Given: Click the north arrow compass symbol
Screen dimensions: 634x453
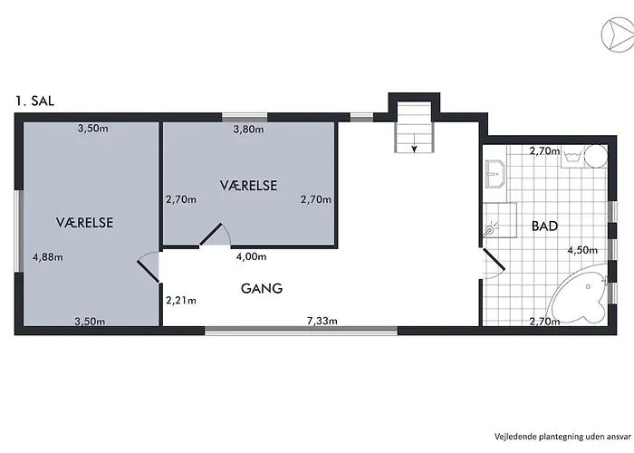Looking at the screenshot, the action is click(618, 35).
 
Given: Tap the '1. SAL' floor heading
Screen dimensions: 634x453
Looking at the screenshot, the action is click(34, 101).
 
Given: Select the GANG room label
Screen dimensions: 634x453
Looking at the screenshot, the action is click(262, 288).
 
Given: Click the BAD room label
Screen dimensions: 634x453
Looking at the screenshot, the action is click(544, 226).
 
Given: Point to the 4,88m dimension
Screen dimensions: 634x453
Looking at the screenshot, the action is click(48, 256).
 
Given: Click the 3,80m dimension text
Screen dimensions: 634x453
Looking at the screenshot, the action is click(249, 130).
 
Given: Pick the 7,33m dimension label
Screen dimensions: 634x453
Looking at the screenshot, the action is click(322, 321).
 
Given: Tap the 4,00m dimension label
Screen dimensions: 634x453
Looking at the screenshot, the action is click(251, 256).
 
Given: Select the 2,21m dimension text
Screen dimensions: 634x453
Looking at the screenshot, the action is click(181, 300).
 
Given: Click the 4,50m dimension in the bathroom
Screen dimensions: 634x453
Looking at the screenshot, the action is click(582, 250).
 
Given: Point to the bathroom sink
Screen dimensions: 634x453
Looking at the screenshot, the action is click(495, 174).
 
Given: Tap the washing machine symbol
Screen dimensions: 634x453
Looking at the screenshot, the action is click(572, 157).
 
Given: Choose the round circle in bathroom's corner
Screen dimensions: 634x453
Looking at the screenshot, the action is click(596, 157).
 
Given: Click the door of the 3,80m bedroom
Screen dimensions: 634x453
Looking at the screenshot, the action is click(211, 234).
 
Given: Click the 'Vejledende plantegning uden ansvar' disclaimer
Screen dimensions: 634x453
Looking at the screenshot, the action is click(562, 437).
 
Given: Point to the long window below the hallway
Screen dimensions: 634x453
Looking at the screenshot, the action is click(302, 331).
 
